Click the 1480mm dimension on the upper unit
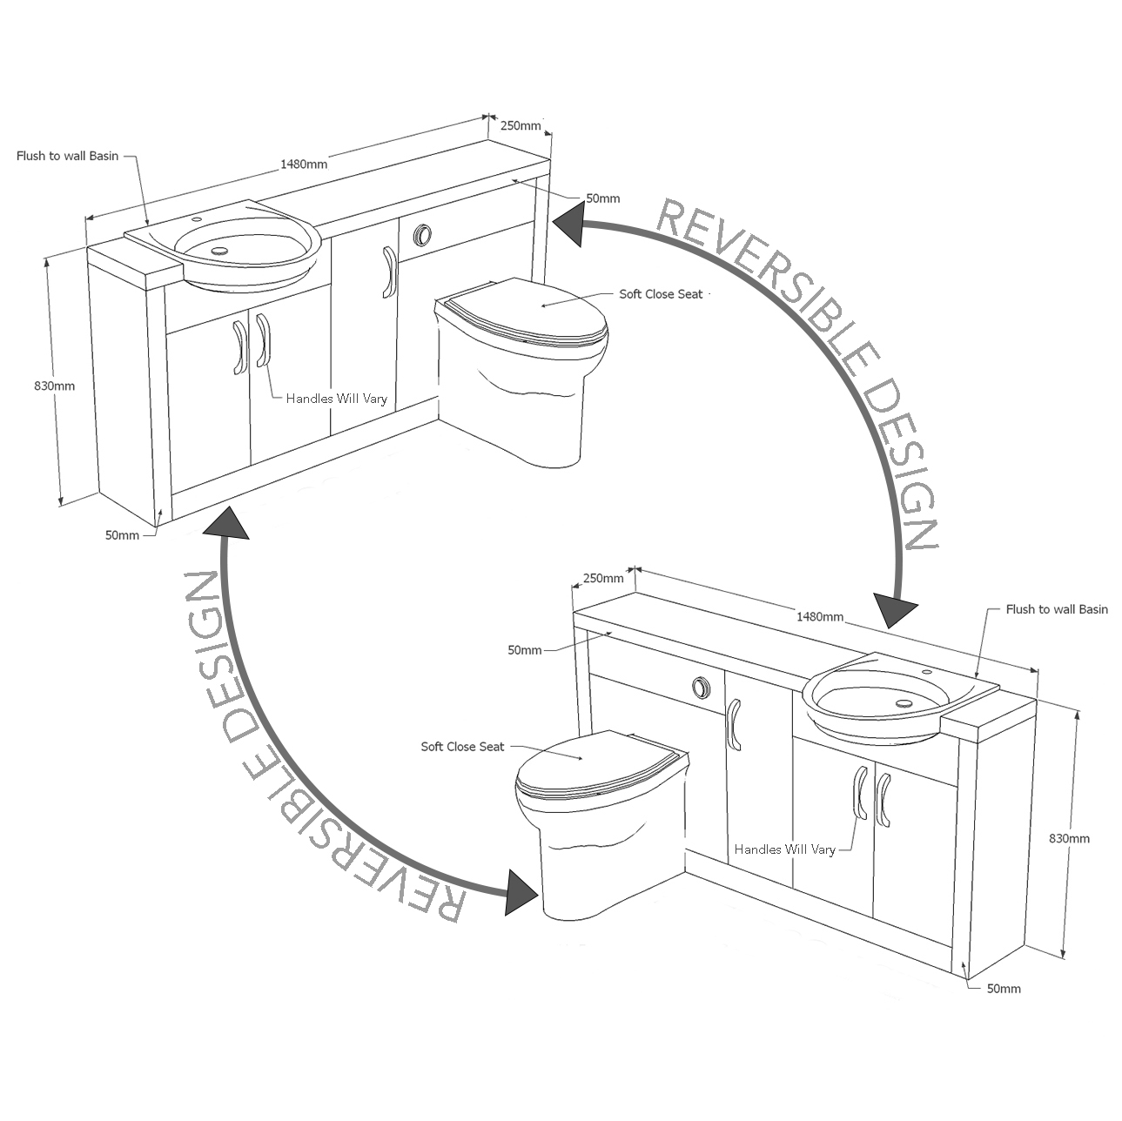(x=304, y=164)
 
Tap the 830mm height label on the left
(x=55, y=386)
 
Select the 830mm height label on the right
(x=1069, y=839)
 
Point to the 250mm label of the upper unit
(x=520, y=125)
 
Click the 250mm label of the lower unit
(x=603, y=578)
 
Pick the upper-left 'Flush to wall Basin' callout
(x=67, y=157)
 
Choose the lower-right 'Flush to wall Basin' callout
(x=1057, y=609)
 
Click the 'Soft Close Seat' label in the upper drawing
(x=661, y=294)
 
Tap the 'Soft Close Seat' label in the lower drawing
(x=462, y=747)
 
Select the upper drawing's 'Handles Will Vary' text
(x=337, y=399)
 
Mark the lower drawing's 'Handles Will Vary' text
(x=784, y=849)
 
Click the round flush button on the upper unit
(x=423, y=234)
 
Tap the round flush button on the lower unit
(x=701, y=687)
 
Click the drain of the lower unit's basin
(x=904, y=701)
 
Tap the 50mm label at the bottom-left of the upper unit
(x=122, y=535)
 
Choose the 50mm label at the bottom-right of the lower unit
(x=1004, y=989)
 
